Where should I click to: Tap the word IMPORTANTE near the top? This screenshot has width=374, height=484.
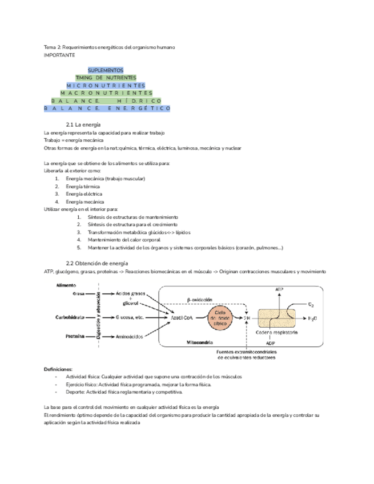(60, 55)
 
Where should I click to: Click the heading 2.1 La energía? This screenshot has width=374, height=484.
(83, 124)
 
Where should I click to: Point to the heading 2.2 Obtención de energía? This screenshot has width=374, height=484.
(97, 263)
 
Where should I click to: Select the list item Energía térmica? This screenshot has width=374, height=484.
(83, 187)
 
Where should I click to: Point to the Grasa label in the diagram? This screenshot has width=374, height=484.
(79, 294)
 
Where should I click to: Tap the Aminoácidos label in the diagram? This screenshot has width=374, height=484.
(130, 337)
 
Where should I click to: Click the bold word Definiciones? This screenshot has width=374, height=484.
(58, 370)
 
